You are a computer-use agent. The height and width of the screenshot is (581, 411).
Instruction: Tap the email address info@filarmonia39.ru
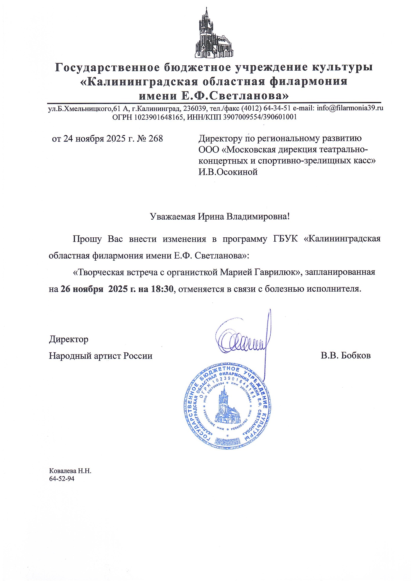(350, 108)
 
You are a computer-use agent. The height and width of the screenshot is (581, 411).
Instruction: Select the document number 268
(156, 139)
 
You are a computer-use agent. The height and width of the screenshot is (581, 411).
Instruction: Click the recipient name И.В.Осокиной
(228, 172)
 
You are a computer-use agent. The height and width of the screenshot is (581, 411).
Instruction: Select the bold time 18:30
(162, 289)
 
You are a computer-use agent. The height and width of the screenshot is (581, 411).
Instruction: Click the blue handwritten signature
(244, 340)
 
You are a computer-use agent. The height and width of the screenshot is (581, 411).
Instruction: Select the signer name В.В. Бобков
(346, 356)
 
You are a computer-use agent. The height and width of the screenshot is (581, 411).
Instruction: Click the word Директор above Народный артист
(69, 339)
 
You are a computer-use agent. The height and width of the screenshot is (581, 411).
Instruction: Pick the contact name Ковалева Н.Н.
(70, 471)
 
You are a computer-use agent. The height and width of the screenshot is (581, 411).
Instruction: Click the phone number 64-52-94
(62, 478)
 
